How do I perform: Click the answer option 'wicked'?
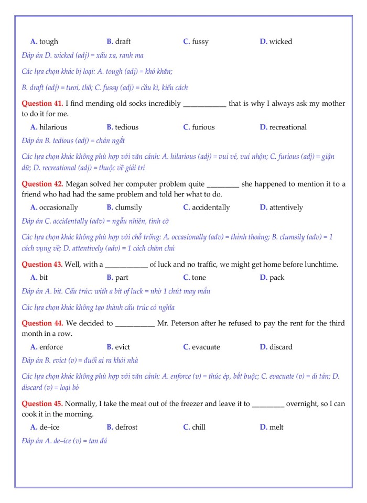click(280, 41)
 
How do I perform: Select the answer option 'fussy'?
click(200, 41)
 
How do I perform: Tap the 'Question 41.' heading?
click(42, 103)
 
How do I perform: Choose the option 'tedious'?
click(126, 127)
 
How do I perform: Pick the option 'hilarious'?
click(53, 127)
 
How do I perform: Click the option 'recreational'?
click(288, 127)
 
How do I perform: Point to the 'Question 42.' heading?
click(42, 184)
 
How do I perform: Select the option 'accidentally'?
click(211, 207)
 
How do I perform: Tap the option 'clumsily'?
click(128, 207)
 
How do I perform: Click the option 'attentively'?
click(286, 207)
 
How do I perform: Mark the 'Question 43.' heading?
click(42, 264)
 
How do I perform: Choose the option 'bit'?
click(44, 277)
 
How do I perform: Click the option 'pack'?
click(277, 277)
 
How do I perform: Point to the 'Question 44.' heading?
click(42, 323)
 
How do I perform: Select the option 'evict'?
click(122, 347)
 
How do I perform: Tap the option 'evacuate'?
click(206, 347)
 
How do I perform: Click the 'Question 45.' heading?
click(42, 403)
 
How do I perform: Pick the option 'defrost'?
click(126, 427)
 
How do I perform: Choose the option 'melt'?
click(276, 427)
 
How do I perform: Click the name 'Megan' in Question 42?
click(78, 184)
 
